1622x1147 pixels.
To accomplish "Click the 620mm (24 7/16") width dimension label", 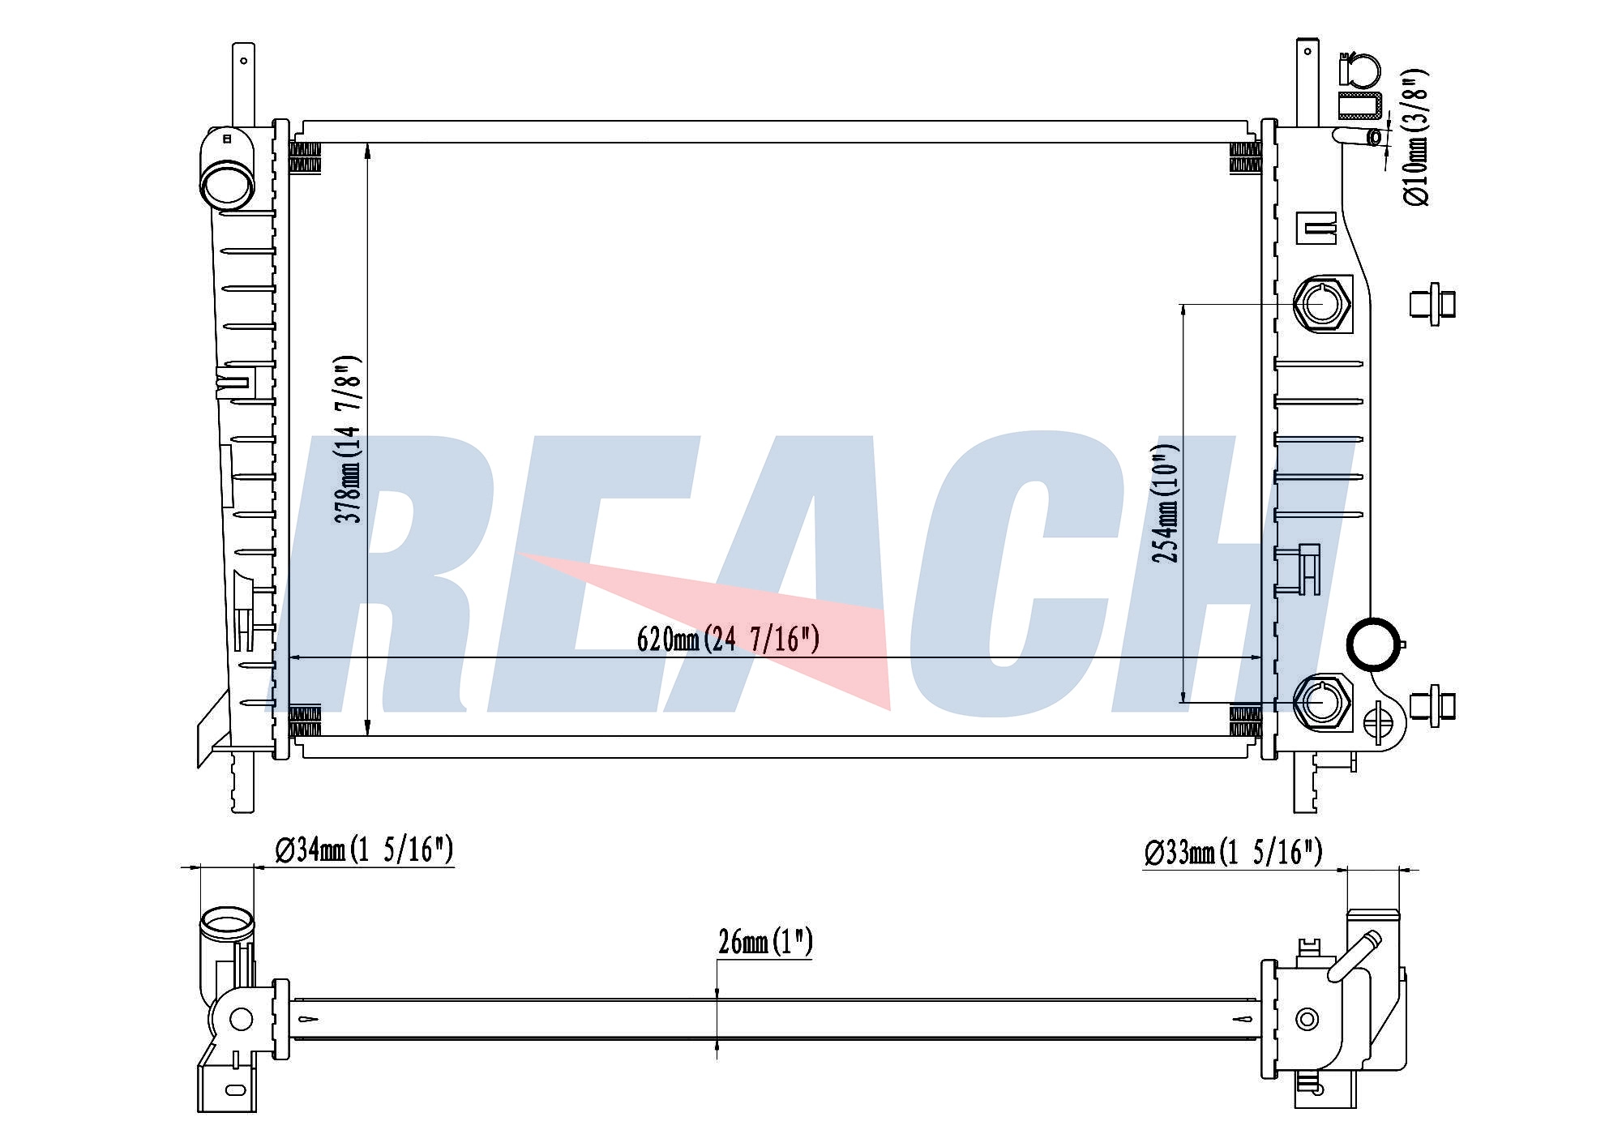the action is point(728,640).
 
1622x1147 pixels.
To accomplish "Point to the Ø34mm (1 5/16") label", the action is point(364,850).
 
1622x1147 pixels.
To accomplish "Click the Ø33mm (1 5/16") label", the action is point(1233,852).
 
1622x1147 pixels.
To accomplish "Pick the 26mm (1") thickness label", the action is point(765,942).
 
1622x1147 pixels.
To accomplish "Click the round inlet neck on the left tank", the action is point(227,184).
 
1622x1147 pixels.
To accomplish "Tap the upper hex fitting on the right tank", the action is point(1322,304).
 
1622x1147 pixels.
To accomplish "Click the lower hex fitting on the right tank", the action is point(1322,701).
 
